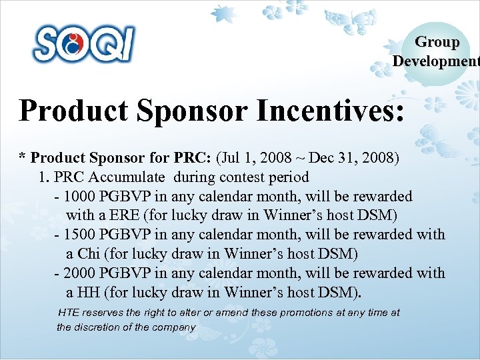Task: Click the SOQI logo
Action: tap(84, 44)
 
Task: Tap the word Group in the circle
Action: tap(437, 42)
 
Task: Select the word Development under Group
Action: tap(435, 61)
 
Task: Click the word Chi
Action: tap(89, 254)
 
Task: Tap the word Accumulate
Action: tap(131, 177)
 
